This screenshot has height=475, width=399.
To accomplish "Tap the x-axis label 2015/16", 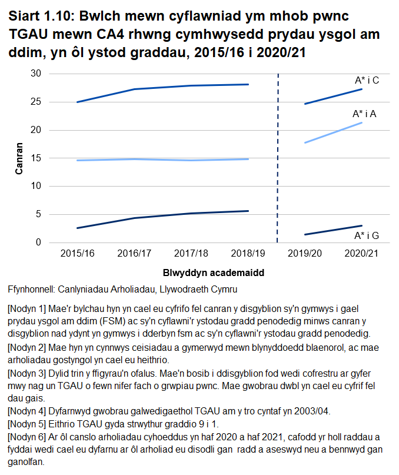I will [x=78, y=253].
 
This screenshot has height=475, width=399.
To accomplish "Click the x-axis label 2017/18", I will [x=191, y=253].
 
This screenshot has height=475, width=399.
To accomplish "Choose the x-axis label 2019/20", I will [x=305, y=253].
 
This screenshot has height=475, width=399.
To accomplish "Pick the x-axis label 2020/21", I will [x=361, y=253].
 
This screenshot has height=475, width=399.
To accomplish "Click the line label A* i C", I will [x=366, y=80].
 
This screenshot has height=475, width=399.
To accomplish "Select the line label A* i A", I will [x=364, y=114].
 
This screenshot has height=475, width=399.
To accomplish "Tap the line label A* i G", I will [x=366, y=236].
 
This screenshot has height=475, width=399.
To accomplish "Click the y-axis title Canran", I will [x=19, y=158].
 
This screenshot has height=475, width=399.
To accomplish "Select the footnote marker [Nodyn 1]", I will [x=26, y=308].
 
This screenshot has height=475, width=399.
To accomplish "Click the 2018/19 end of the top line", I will [x=248, y=84].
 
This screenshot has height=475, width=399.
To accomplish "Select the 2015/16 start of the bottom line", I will [x=78, y=228].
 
